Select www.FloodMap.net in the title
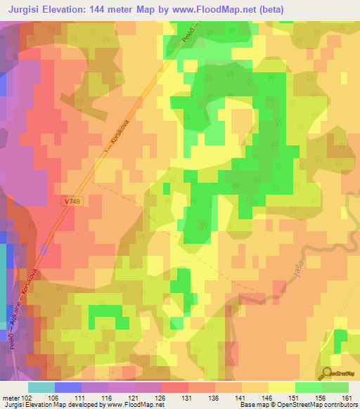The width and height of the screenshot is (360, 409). click(x=212, y=9)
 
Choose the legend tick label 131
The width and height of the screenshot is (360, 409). click(x=187, y=398)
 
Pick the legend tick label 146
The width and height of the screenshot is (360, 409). click(x=267, y=398)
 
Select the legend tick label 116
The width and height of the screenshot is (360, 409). click(x=108, y=398)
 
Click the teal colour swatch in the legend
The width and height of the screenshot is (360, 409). click(x=41, y=387)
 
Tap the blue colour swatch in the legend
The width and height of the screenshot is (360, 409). click(x=67, y=387)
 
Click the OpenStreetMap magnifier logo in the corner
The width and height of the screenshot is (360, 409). click(x=325, y=373)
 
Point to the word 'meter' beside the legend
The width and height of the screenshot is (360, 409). click(x=11, y=398)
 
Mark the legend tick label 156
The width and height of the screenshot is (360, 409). click(x=321, y=398)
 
